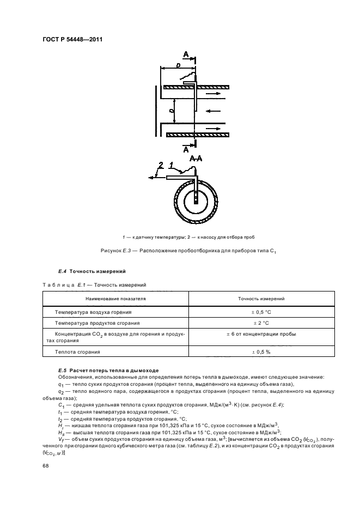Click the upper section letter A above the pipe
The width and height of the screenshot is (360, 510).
point(186,55)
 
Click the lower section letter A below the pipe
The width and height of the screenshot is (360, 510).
point(186,148)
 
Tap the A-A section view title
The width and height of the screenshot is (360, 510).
point(196,159)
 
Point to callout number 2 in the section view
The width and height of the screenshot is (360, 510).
point(161,165)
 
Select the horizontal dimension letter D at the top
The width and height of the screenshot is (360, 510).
point(178,65)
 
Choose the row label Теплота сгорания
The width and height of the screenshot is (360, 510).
point(75,353)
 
